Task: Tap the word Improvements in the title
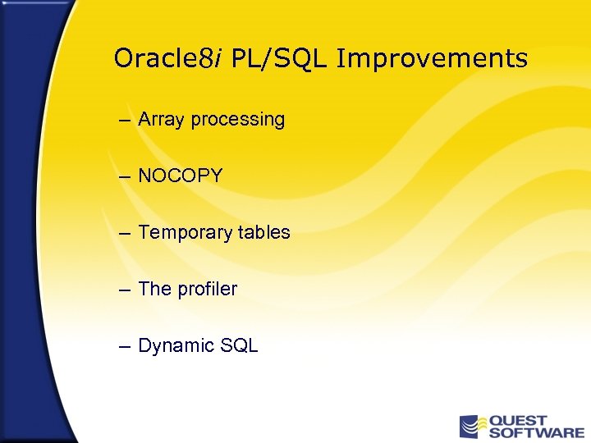coord(432,59)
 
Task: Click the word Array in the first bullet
coord(162,120)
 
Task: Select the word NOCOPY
coord(181,176)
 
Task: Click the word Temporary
coord(186,233)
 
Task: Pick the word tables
coord(264,232)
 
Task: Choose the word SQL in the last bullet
coord(240,346)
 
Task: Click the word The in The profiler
coord(153,289)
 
